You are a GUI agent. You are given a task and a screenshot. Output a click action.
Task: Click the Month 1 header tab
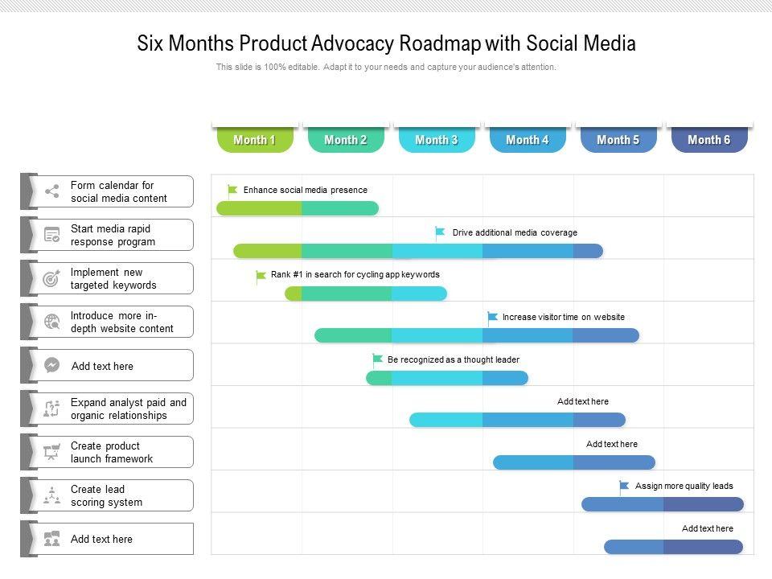click(254, 140)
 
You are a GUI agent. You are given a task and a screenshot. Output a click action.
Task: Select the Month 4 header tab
click(527, 140)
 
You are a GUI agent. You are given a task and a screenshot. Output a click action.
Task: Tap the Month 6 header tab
click(708, 140)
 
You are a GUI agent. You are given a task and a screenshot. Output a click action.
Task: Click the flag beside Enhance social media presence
click(232, 191)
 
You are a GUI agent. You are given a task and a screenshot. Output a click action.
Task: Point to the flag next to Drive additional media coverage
click(440, 232)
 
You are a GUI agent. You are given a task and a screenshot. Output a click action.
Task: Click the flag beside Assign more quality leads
click(624, 486)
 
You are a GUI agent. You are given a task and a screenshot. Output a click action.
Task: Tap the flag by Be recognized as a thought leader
click(377, 359)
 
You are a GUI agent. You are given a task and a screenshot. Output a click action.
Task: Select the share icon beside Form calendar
click(52, 191)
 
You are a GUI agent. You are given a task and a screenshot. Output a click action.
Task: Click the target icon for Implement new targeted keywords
click(52, 279)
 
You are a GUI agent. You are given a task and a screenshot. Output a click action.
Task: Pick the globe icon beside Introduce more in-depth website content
click(52, 322)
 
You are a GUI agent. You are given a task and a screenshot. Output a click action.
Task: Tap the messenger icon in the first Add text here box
click(52, 365)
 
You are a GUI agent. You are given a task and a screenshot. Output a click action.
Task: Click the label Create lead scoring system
click(106, 495)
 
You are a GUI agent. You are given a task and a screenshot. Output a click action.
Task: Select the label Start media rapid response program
click(113, 235)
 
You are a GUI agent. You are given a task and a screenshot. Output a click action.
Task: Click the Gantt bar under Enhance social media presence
click(298, 208)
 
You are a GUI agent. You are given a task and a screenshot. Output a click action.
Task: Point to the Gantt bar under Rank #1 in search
click(366, 294)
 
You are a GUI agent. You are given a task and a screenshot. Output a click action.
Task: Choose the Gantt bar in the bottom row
click(673, 547)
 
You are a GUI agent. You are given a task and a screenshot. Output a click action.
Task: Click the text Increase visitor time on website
click(563, 317)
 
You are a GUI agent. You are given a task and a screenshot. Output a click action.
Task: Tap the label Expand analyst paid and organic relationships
click(128, 409)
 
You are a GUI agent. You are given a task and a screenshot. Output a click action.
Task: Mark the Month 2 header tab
click(345, 140)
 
